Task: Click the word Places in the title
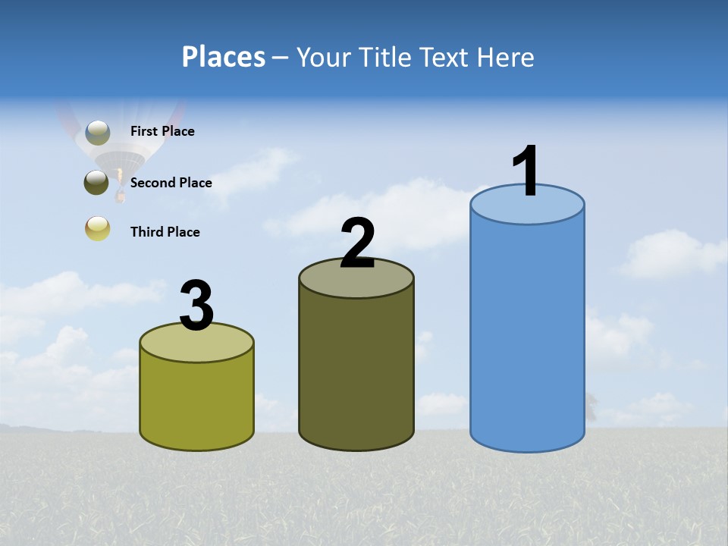point(224,57)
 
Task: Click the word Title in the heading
point(384,57)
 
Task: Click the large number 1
point(526,171)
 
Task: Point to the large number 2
point(357,243)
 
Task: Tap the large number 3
point(196,306)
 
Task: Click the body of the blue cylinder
point(527,334)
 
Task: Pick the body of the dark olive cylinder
point(356,372)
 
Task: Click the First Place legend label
point(162,131)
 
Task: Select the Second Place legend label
point(171,183)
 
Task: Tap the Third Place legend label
point(165,232)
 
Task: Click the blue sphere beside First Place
point(98,133)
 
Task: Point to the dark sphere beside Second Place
point(96,182)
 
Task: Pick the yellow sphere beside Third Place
point(98,228)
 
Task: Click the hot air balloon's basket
point(119,197)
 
